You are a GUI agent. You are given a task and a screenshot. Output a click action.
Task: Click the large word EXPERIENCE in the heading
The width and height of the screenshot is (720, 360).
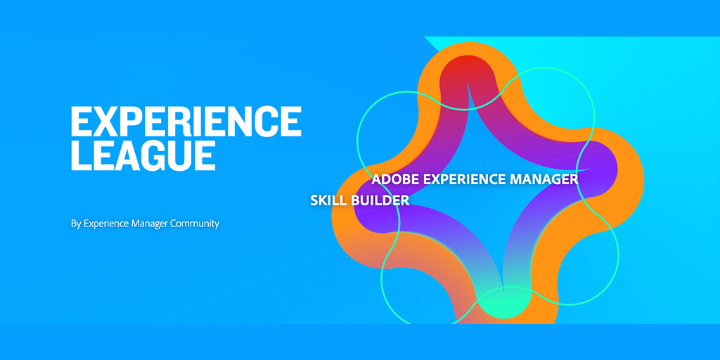pyautogui.click(x=186, y=121)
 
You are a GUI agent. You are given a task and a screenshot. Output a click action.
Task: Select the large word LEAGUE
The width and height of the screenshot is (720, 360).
pyautogui.click(x=143, y=155)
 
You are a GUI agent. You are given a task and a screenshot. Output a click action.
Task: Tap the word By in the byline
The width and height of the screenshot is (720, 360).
pyautogui.click(x=76, y=224)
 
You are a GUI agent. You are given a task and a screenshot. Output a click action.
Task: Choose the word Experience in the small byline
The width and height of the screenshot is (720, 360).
pyautogui.click(x=106, y=224)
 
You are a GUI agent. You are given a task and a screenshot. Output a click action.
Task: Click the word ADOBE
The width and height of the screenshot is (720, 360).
pyautogui.click(x=395, y=179)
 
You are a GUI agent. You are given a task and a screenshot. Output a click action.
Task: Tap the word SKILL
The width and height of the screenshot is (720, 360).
pyautogui.click(x=329, y=200)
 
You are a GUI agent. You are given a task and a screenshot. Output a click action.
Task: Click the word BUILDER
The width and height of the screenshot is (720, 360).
pyautogui.click(x=380, y=200)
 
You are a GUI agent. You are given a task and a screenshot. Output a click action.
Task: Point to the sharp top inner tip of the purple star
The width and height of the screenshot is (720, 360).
pyautogui.click(x=468, y=84)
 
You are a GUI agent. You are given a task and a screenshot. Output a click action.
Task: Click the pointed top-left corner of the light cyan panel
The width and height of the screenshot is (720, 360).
pyautogui.click(x=425, y=37)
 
